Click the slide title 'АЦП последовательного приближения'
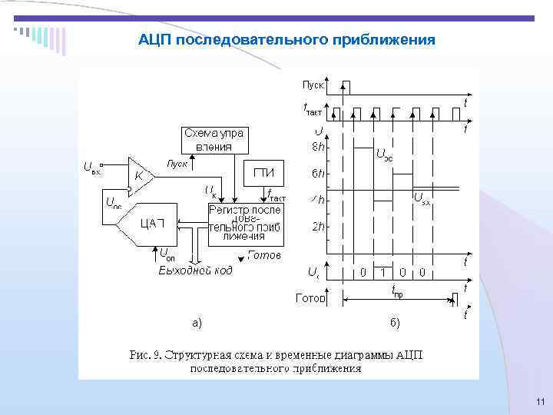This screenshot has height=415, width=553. tap(286, 38)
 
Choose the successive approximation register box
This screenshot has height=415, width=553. tap(247, 223)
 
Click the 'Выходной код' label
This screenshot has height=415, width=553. tap(195, 270)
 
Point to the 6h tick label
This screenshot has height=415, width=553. tap(316, 174)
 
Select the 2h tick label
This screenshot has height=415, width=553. tap(316, 227)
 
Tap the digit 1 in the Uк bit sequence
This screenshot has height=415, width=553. tap(382, 272)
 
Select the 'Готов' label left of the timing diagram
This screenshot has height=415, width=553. tap(310, 298)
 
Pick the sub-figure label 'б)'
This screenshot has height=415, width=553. tap(393, 323)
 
